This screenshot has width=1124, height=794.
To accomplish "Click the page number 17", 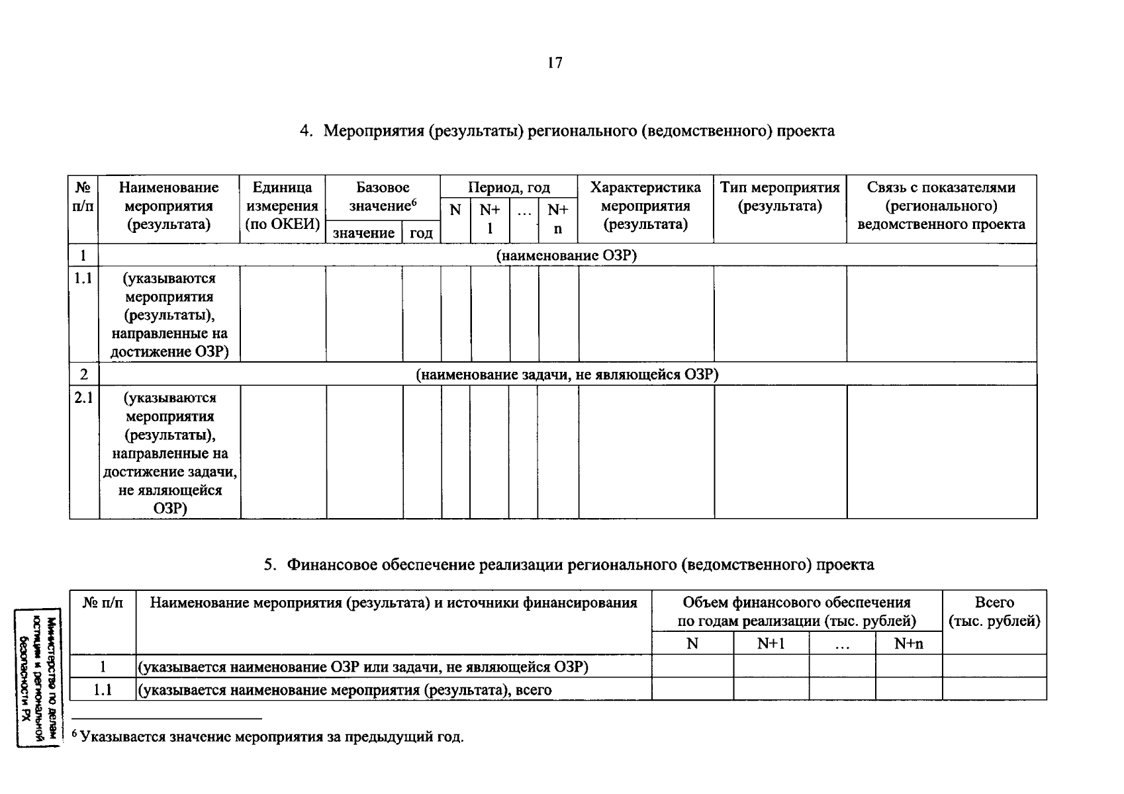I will pyautogui.click(x=555, y=63).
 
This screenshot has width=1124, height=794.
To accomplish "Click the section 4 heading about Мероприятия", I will pyautogui.click(x=567, y=131).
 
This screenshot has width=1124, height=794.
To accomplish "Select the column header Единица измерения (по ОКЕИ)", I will pyautogui.click(x=283, y=206).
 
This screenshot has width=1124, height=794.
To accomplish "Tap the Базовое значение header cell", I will pyautogui.click(x=383, y=197).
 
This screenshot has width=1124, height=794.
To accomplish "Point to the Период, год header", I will pyautogui.click(x=509, y=187).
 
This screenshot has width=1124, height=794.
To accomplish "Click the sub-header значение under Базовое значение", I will pyautogui.click(x=363, y=233).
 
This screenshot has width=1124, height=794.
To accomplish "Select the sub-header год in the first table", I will pyautogui.click(x=421, y=233).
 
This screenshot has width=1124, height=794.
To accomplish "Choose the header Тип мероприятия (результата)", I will pyautogui.click(x=780, y=197).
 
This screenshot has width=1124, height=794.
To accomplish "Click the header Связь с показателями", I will pyautogui.click(x=941, y=206).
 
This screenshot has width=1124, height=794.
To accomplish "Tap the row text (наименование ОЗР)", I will pyautogui.click(x=567, y=255).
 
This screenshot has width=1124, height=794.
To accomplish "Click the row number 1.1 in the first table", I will pyautogui.click(x=83, y=279).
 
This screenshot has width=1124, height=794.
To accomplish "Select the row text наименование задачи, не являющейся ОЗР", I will pyautogui.click(x=567, y=375).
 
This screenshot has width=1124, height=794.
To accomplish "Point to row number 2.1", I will pyautogui.click(x=83, y=398).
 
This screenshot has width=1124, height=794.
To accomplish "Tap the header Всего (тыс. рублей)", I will pyautogui.click(x=994, y=612).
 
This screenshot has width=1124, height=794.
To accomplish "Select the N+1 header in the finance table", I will pyautogui.click(x=771, y=643).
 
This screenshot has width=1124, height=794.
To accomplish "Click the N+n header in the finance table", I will pyautogui.click(x=908, y=643).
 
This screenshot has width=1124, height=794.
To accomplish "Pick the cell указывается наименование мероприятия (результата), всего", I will pyautogui.click(x=345, y=690).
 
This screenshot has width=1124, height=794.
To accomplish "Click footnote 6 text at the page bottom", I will pyautogui.click(x=267, y=737).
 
